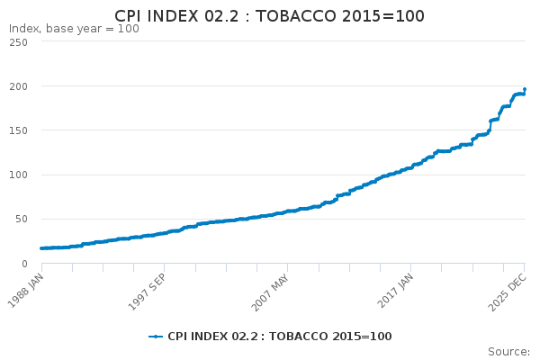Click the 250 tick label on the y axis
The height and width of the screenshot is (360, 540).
[17, 42]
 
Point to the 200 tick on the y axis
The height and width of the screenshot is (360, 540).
[17, 86]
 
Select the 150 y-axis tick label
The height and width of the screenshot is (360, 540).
[17, 130]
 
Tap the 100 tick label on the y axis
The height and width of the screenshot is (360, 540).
[17, 175]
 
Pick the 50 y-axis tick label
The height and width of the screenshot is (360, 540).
[20, 219]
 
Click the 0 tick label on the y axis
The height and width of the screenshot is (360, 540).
[23, 263]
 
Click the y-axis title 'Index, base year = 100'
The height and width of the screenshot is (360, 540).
[74, 29]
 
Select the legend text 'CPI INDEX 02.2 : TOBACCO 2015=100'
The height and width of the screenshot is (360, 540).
[279, 336]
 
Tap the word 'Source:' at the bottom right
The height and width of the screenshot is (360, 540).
[508, 351]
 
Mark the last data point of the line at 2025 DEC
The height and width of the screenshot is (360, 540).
[525, 90]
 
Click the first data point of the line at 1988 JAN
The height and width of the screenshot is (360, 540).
[41, 248]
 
